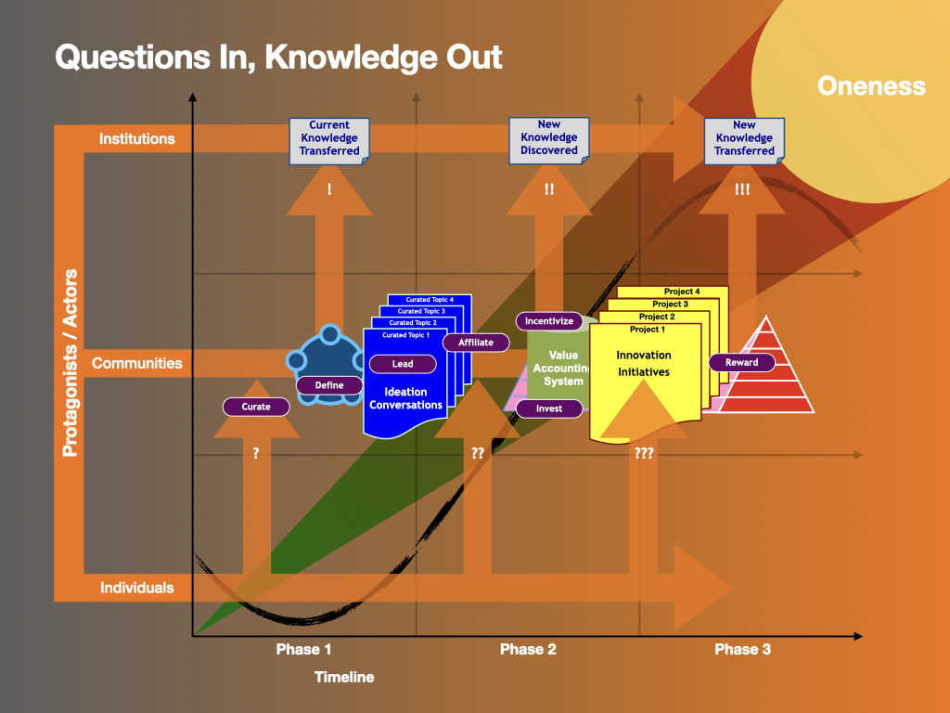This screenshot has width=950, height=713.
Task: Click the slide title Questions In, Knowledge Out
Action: pyautogui.click(x=278, y=57)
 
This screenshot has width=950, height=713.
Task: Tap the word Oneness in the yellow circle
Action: pyautogui.click(x=871, y=86)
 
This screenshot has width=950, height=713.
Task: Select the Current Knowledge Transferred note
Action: pyautogui.click(x=329, y=138)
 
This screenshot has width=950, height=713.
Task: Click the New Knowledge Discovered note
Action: pyautogui.click(x=549, y=138)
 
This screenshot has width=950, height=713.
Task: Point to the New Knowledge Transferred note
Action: pyautogui.click(x=744, y=138)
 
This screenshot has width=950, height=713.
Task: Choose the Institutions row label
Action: pyautogui.click(x=137, y=139)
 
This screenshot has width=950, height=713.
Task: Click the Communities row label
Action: pyautogui.click(x=137, y=364)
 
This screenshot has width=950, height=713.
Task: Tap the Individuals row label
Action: pyautogui.click(x=137, y=588)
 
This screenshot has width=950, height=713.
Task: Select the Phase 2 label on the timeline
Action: pyautogui.click(x=528, y=649)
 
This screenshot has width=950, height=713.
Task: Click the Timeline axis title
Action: pyautogui.click(x=344, y=677)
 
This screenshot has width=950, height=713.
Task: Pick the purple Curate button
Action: pyautogui.click(x=256, y=407)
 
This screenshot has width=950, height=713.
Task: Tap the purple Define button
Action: pyautogui.click(x=329, y=385)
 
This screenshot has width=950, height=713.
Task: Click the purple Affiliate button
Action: pyautogui.click(x=476, y=343)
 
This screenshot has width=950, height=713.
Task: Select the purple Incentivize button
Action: pyautogui.click(x=549, y=321)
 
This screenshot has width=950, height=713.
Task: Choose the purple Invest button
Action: pyautogui.click(x=549, y=408)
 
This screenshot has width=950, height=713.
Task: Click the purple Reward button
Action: pyautogui.click(x=742, y=363)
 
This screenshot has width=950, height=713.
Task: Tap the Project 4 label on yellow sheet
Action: pyautogui.click(x=682, y=292)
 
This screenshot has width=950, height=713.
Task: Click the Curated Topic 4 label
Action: pyautogui.click(x=430, y=300)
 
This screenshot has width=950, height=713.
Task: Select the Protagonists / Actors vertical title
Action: pyautogui.click(x=70, y=363)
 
